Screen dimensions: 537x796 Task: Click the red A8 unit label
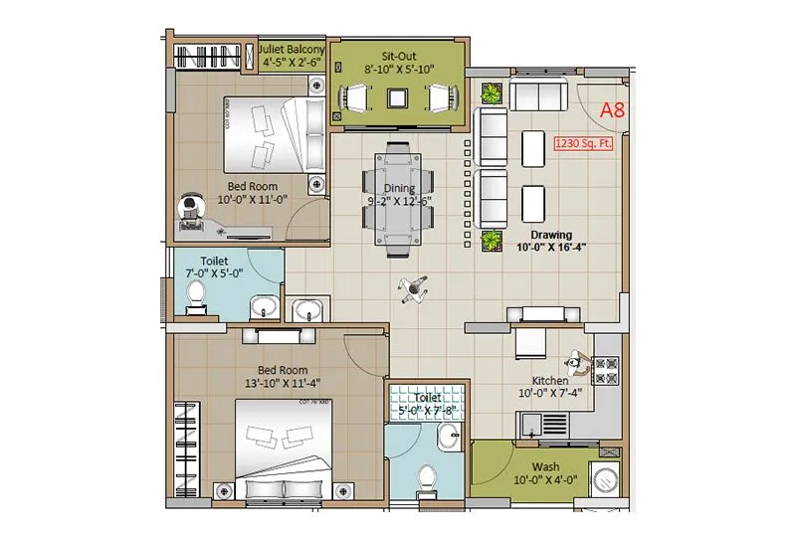611,110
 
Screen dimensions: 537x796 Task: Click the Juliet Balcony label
292,48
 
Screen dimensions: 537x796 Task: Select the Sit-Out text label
398,57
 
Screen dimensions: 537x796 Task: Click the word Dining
399,187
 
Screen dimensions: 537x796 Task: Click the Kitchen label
549,380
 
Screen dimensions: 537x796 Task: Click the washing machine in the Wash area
604,480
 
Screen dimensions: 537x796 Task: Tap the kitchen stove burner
606,369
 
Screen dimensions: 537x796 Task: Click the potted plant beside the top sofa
492,94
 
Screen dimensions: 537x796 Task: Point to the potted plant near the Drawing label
491,241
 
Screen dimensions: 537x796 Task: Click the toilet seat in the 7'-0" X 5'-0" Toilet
197,294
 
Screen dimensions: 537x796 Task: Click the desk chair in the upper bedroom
189,207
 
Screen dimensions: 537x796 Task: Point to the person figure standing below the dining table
411,287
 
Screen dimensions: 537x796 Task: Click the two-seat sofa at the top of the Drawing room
538,95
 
